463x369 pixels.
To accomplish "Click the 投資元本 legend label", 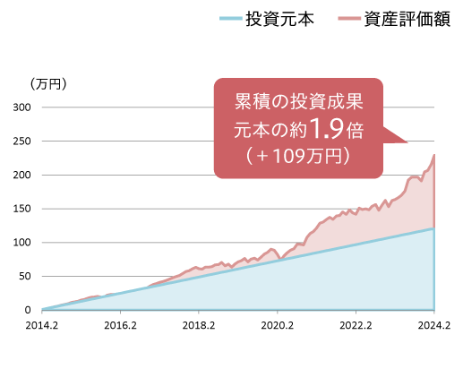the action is (x=279, y=19).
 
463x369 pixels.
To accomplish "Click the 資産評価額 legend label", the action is (x=407, y=19).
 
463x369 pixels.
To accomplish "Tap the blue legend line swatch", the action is (x=231, y=19).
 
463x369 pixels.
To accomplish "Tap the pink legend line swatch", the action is (x=349, y=19).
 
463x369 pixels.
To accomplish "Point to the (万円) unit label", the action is (x=47, y=84).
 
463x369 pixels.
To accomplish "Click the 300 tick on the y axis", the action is (x=21, y=107).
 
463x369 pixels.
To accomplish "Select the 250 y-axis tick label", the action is (x=21, y=141).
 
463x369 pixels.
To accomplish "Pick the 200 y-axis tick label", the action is (x=21, y=175).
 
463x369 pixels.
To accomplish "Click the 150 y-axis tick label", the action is (x=21, y=209).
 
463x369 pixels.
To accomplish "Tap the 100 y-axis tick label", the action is (x=21, y=243).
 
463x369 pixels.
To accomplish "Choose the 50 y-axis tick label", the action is (x=25, y=276).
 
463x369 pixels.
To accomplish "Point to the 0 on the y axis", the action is (x=28, y=310).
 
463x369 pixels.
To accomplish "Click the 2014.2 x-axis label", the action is (x=42, y=325).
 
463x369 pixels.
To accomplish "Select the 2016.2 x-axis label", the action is (x=120, y=325).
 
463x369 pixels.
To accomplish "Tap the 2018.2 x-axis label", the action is (x=199, y=325).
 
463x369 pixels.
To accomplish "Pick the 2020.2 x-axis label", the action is (x=278, y=325).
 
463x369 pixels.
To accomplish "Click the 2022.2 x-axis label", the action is (x=356, y=325).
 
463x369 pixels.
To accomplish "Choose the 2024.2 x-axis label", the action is (x=434, y=325).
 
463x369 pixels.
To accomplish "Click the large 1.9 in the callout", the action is (x=326, y=129).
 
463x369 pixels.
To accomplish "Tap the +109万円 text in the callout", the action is (x=298, y=156).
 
